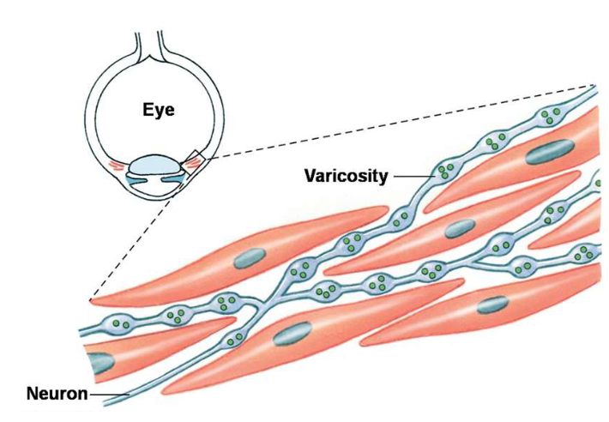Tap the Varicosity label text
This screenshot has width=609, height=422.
click(345, 177)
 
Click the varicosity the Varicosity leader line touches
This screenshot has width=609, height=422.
click(445, 169)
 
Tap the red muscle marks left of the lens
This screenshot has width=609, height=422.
click(115, 164)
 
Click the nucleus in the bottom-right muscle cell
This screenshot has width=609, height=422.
click(492, 303)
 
